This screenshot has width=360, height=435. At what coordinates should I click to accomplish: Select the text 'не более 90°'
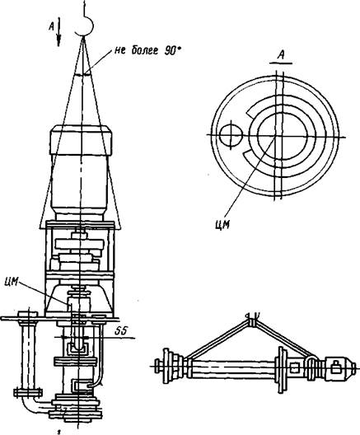click(x=149, y=50)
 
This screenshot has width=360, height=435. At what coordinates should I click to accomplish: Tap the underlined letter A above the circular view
click(x=281, y=56)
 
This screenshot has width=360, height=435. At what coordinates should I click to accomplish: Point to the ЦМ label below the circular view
click(x=222, y=223)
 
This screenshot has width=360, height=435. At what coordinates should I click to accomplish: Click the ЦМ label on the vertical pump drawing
click(x=12, y=282)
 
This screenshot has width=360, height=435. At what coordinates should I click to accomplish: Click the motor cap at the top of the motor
click(x=81, y=140)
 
